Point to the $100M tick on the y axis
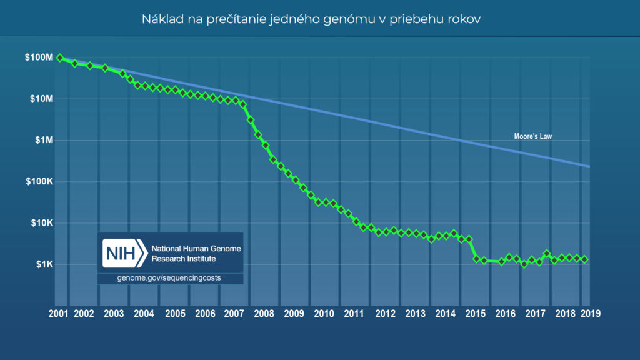38,57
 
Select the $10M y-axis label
40,99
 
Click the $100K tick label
38,181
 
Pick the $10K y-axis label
40,223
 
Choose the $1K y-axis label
42,264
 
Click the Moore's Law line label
529,136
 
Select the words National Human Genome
196,248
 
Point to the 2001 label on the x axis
59,314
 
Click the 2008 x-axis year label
264,314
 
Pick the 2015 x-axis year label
476,314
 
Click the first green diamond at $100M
60,57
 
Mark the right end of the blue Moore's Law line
589,166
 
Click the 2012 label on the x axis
385,314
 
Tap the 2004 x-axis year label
144,314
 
